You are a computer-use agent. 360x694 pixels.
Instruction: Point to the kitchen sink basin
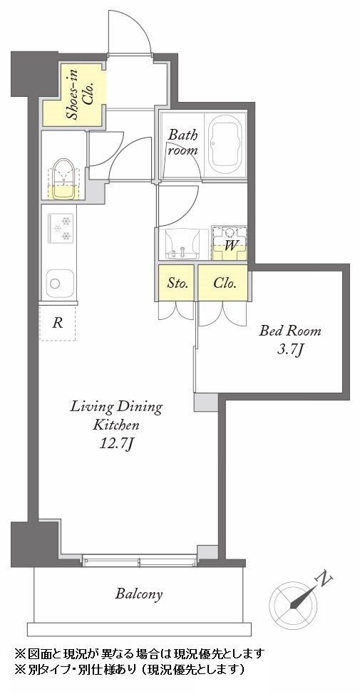pyautogui.click(x=59, y=284)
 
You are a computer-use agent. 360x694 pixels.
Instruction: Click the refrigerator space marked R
pyautogui.click(x=57, y=323)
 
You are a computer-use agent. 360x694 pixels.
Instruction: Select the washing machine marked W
pyautogui.click(x=230, y=244)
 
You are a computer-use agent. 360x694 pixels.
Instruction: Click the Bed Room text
pyautogui.click(x=290, y=331)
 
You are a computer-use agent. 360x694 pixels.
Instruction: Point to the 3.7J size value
pyautogui.click(x=290, y=351)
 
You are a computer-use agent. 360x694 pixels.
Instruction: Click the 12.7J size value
pyautogui.click(x=116, y=444)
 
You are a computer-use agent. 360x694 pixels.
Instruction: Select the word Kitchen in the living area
pyautogui.click(x=116, y=425)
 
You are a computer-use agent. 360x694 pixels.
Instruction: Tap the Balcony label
pyautogui.click(x=138, y=594)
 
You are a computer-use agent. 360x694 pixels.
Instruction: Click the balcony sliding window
pyautogui.click(x=140, y=561)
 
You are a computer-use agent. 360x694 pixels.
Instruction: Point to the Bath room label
pyautogui.click(x=182, y=142)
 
